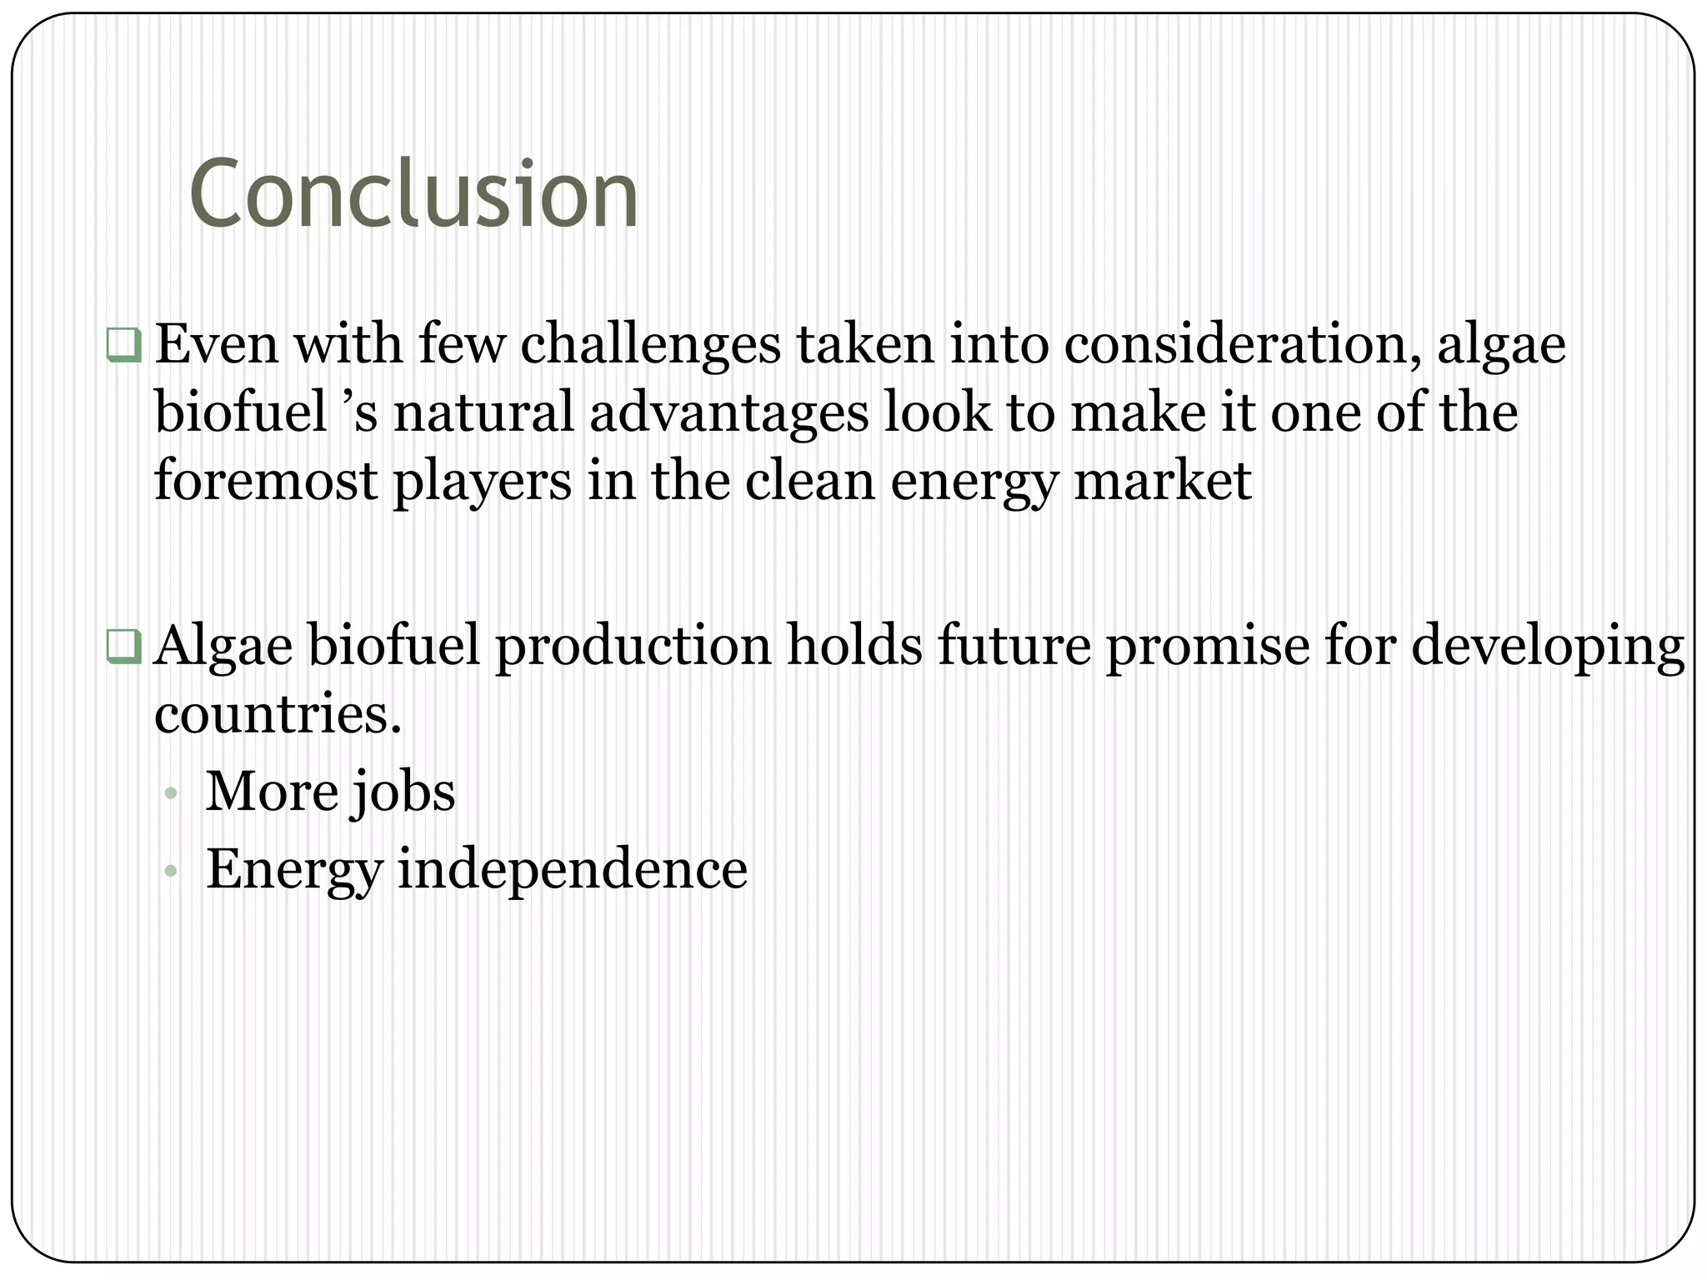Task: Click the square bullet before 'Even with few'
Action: coord(123,345)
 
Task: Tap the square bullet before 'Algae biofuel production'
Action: coord(123,647)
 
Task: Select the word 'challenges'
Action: coord(650,344)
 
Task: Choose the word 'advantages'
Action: coord(728,414)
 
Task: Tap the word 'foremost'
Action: coord(265,481)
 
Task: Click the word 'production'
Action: coord(633,647)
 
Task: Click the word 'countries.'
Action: coord(278,714)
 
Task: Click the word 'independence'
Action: coord(572,870)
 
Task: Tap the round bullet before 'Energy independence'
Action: coord(171,872)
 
